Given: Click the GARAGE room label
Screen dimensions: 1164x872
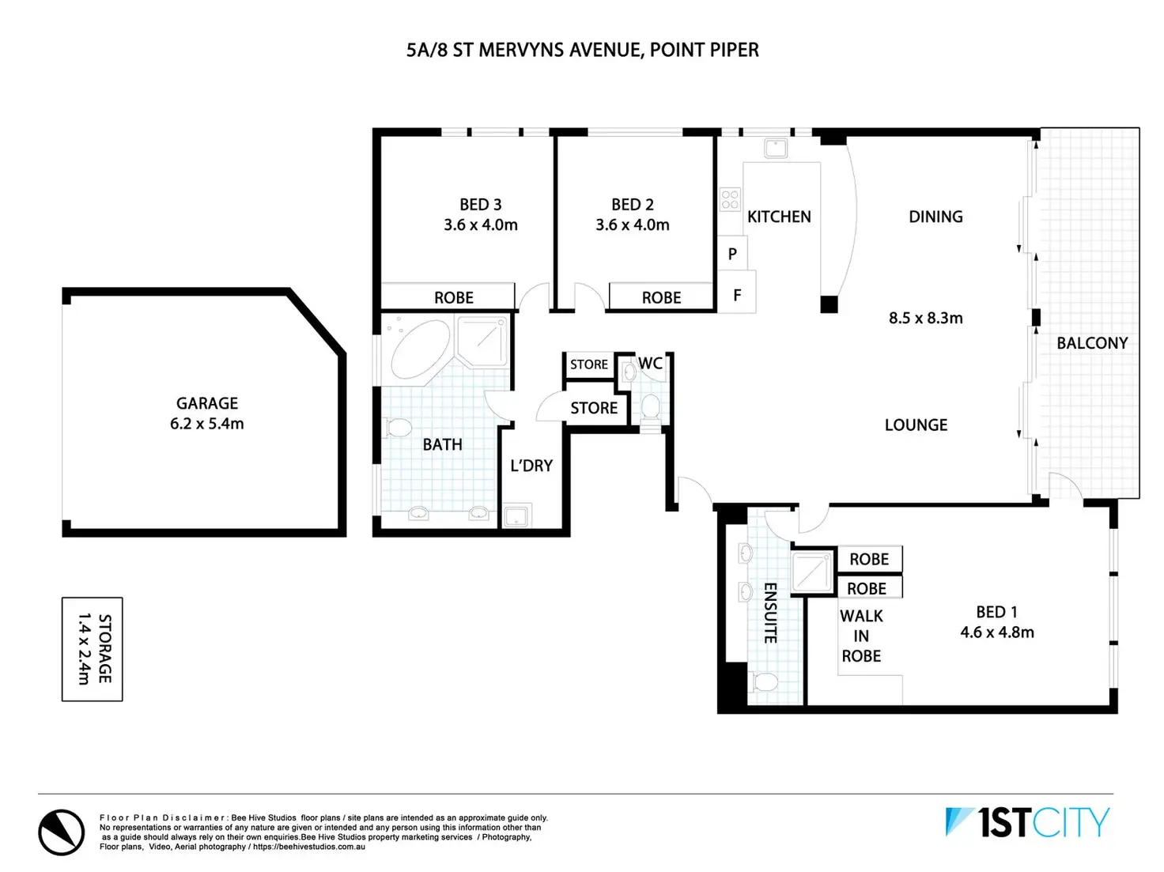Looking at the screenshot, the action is [x=206, y=403].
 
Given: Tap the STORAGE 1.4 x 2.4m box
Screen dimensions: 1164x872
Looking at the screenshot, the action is [x=93, y=649].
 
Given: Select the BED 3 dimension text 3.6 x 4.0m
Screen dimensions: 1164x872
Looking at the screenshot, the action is [x=481, y=225].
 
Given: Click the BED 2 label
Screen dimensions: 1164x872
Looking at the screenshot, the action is [x=632, y=205].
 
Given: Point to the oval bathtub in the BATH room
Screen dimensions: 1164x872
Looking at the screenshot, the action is [x=419, y=350].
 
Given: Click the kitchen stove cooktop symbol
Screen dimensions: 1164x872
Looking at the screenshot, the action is [x=730, y=199].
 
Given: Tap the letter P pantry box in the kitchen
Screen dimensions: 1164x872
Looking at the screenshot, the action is [x=732, y=254].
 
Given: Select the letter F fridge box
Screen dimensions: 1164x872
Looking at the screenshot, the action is [x=737, y=295].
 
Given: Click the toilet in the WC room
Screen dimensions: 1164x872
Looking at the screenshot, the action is [x=650, y=406].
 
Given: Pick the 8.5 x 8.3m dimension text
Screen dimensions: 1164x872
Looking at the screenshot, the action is [x=925, y=319].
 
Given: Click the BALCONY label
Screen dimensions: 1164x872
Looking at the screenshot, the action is [x=1092, y=343].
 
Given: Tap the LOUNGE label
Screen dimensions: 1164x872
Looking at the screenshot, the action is [x=916, y=425].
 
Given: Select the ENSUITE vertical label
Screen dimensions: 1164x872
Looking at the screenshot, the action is [x=770, y=613].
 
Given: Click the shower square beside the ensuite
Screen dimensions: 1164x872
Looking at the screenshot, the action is [x=813, y=572].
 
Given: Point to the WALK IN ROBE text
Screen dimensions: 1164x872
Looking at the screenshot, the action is [x=861, y=636].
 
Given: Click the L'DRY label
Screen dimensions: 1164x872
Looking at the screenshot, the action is [x=531, y=466].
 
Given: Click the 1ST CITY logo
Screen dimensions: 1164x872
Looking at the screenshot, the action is [x=1028, y=823].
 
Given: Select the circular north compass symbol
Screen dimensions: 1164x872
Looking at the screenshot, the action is [x=62, y=832].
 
